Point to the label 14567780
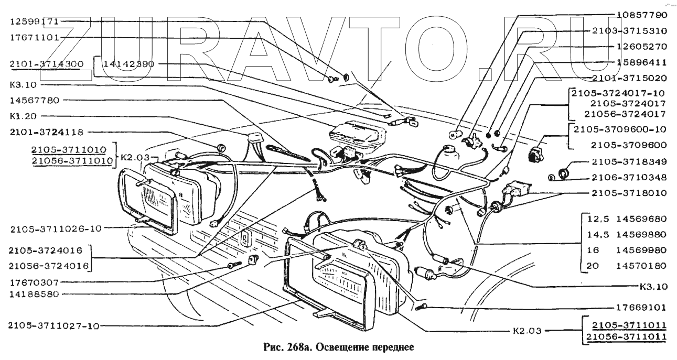pyautogui.click(x=34, y=100)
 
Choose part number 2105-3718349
pyautogui.click(x=629, y=161)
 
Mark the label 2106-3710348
pyautogui.click(x=629, y=177)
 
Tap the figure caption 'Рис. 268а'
pyautogui.click(x=286, y=347)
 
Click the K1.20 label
pyautogui.click(x=22, y=115)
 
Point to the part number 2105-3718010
pyautogui.click(x=629, y=193)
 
